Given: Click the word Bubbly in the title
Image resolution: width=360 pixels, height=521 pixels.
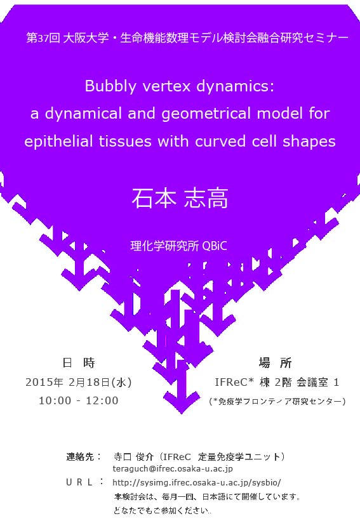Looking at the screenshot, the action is (110, 87).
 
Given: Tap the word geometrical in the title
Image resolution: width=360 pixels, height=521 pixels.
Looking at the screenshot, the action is (206, 114).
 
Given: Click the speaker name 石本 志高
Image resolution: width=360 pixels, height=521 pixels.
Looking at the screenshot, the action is (180, 199).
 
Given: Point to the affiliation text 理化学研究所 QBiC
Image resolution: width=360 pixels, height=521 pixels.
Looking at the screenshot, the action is (179, 246).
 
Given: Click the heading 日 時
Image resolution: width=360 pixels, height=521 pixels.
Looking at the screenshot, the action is (79, 362).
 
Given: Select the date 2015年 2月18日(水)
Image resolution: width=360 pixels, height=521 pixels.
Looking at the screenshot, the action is (79, 382).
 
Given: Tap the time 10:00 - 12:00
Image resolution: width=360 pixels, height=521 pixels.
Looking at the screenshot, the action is (79, 400).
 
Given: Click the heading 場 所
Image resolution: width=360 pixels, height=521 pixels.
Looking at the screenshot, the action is (275, 362).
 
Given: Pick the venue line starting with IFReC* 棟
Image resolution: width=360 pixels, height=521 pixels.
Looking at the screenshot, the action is (277, 382).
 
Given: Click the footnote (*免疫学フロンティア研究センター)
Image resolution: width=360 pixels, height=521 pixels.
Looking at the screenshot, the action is (277, 402).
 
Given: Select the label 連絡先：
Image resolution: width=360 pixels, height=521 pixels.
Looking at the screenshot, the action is (83, 456).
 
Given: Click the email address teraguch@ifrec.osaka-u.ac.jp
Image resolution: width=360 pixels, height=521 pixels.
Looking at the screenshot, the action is (173, 469).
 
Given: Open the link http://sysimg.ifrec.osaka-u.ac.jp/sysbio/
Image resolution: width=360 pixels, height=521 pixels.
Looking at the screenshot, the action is (197, 482).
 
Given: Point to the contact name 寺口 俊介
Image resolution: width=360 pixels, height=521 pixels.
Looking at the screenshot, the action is (133, 457).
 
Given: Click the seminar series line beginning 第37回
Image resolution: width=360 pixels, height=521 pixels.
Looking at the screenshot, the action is (187, 38).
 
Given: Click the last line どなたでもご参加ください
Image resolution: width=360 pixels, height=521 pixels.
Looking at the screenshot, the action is (162, 510).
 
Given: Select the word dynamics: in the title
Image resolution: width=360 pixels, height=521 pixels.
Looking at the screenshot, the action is (236, 87).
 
